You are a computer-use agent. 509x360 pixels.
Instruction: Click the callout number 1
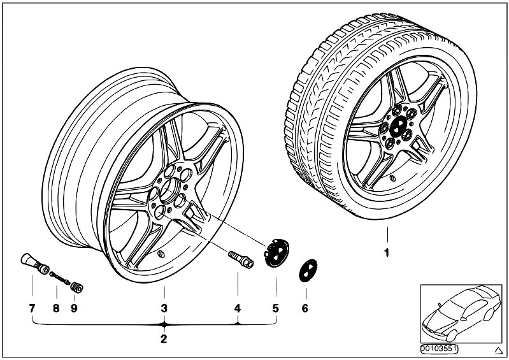386,253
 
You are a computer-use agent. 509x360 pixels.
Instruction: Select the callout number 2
163,338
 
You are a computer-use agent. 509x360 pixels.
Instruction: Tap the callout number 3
164,309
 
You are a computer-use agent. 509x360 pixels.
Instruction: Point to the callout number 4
238,309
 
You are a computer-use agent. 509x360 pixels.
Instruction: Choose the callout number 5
276,309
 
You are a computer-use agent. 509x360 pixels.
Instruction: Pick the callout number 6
305,309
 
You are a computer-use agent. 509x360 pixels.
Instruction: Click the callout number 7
31,309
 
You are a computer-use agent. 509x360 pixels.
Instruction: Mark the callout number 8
56,309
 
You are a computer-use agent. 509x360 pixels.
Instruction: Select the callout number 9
74,309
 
